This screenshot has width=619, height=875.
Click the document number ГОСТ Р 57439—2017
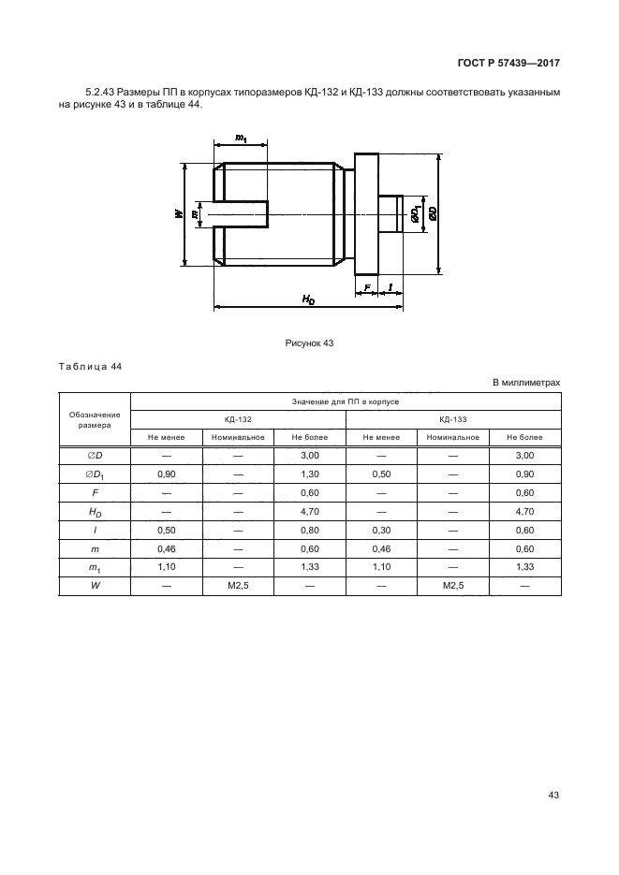(508, 63)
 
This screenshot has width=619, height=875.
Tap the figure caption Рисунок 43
(309, 343)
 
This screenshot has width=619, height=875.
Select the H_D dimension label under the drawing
(308, 299)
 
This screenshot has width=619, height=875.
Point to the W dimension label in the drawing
(178, 213)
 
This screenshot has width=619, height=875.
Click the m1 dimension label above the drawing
(241, 138)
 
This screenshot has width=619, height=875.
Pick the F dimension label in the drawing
(367, 287)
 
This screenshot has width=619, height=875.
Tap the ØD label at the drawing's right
(433, 213)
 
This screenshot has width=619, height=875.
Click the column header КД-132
(239, 419)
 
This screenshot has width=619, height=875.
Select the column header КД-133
(453, 419)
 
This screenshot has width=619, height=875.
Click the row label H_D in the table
(95, 512)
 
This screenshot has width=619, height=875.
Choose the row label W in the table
(95, 586)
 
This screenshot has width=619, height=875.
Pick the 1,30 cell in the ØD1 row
(310, 474)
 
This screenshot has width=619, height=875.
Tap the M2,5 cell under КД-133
(453, 586)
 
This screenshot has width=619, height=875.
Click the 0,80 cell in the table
(310, 530)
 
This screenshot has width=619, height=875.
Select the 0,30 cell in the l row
(381, 530)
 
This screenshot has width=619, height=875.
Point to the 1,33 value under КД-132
(310, 567)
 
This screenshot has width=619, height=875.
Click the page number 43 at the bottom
(553, 795)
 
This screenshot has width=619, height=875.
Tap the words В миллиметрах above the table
(526, 383)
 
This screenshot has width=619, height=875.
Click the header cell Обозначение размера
(95, 419)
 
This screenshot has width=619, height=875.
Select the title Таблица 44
(90, 367)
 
